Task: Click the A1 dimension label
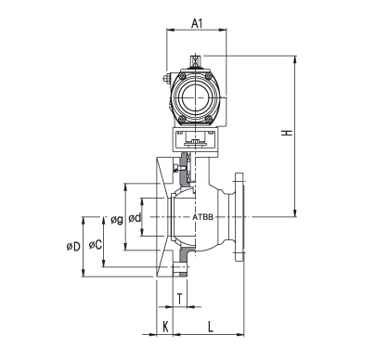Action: point(197,23)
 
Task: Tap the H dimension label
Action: point(287,133)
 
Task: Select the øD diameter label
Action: point(73,247)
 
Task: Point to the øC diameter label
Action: point(95,245)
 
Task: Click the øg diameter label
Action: point(117,220)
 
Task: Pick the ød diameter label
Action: point(135,218)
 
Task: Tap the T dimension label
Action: point(180,299)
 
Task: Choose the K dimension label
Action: point(165,326)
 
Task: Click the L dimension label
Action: point(211,326)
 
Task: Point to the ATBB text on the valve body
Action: point(203,217)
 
